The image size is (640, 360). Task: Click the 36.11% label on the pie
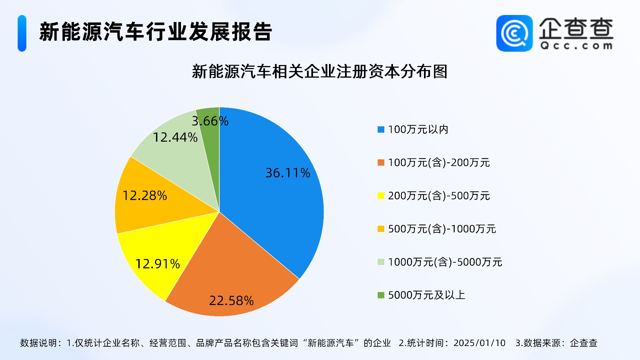pyautogui.click(x=288, y=173)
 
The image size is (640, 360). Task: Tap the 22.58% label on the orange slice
pyautogui.click(x=231, y=301)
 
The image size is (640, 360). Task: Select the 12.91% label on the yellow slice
pyautogui.click(x=157, y=264)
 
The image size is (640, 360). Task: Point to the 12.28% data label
pyautogui.click(x=145, y=196)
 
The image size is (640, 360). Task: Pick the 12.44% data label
pyautogui.click(x=175, y=137)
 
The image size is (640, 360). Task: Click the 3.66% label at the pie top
pyautogui.click(x=210, y=121)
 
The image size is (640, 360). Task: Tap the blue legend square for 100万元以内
pyautogui.click(x=381, y=130)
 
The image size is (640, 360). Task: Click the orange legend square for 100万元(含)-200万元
pyautogui.click(x=381, y=163)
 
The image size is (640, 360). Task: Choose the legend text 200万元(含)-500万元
pyautogui.click(x=439, y=196)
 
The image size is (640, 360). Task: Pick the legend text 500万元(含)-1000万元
pyautogui.click(x=442, y=229)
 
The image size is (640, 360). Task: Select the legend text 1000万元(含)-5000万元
pyautogui.click(x=445, y=262)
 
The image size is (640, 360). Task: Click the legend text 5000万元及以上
pyautogui.click(x=426, y=295)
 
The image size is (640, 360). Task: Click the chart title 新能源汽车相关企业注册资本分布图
pyautogui.click(x=319, y=72)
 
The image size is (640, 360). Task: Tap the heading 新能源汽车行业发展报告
pyautogui.click(x=156, y=32)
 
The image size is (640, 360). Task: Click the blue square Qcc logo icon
pyautogui.click(x=514, y=33)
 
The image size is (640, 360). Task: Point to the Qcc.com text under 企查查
pyautogui.click(x=576, y=46)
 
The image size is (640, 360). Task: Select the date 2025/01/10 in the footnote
pyautogui.click(x=479, y=343)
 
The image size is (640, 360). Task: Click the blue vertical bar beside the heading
pyautogui.click(x=22, y=33)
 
